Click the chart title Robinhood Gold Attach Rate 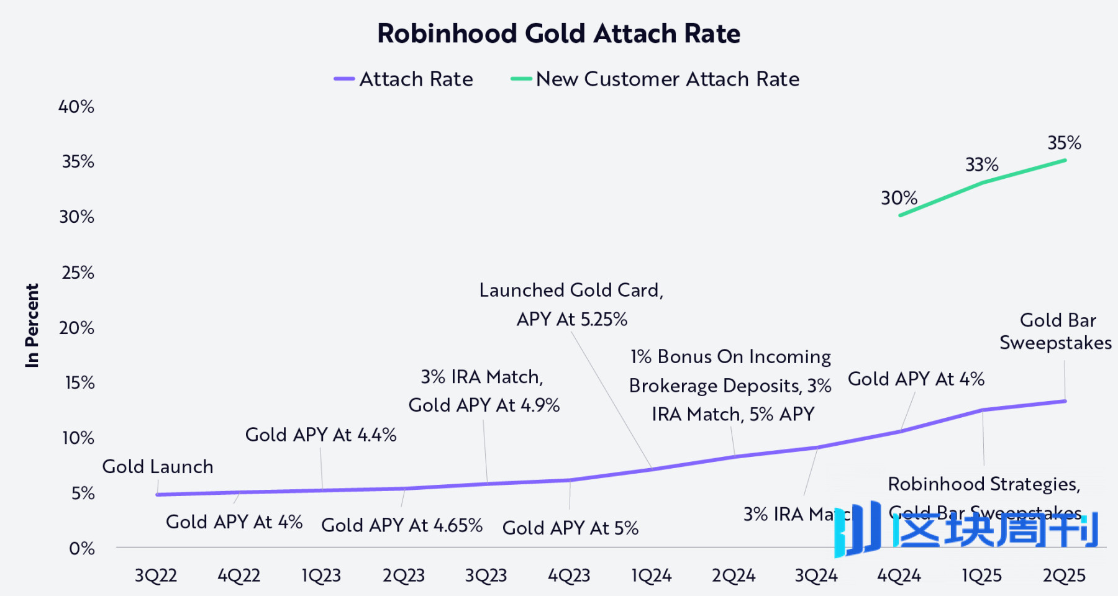pos(558,34)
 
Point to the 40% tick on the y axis pos(76,107)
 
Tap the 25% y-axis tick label pos(78,273)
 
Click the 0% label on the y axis pos(81,548)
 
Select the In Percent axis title pos(32,325)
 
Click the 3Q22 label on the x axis pos(156,576)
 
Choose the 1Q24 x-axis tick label pos(651,576)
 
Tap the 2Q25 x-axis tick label pos(1064,576)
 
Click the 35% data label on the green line pos(1064,143)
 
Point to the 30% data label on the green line pos(899,198)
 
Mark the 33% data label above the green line pos(981,165)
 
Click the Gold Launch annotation pos(158,466)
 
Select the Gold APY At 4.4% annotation pos(320,435)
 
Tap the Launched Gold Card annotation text pos(571,290)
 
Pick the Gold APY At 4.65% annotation pos(402,525)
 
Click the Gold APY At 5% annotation pos(570,528)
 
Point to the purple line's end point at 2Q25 pos(1065,401)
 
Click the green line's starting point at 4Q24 pos(900,215)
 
